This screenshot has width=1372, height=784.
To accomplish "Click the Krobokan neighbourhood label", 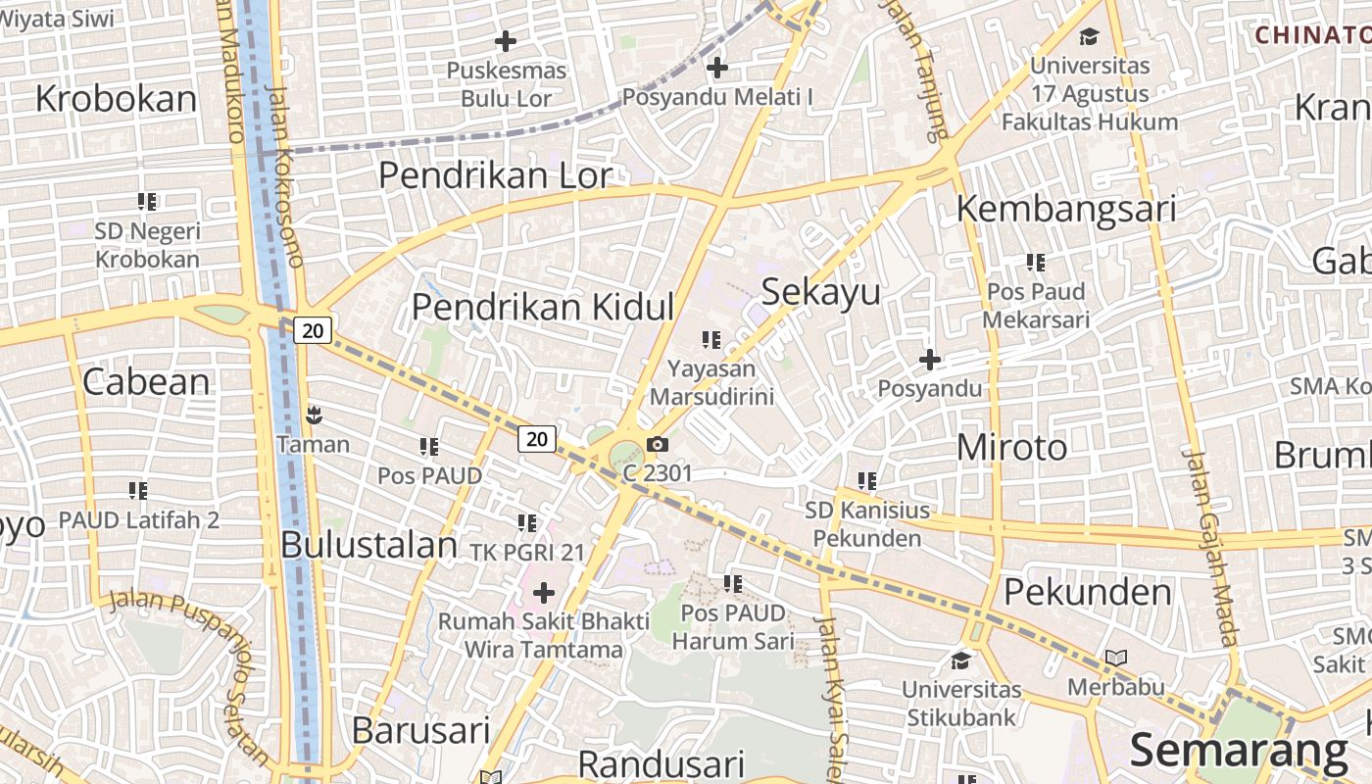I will click(116, 99).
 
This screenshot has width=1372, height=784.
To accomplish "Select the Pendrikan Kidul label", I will click(542, 307).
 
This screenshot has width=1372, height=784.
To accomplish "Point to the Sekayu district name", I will click(820, 292).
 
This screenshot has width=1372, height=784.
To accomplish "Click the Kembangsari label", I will click(1065, 209).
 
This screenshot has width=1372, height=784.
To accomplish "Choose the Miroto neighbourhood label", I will click(1011, 448).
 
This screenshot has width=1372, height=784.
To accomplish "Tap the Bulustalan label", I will click(368, 545).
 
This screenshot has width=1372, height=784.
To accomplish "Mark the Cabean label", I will click(146, 381).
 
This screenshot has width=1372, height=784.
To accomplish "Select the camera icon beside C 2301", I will click(659, 445).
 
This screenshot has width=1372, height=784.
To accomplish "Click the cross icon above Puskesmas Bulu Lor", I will click(506, 41).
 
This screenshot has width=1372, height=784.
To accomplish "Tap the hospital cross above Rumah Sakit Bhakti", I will click(543, 593).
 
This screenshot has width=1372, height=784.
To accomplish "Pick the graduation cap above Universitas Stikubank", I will click(960, 660).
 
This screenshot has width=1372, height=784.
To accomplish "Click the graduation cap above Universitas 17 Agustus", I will click(1089, 37).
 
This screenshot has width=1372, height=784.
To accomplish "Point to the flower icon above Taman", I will click(313, 416).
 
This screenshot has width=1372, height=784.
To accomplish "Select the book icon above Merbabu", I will click(1115, 658).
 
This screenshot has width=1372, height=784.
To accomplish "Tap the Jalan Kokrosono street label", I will click(285, 176).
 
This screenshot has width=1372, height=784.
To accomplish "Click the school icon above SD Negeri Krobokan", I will click(147, 202).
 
